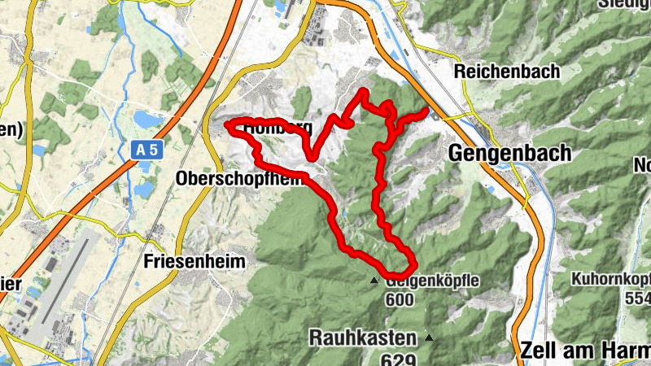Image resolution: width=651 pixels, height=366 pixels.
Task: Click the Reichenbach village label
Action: [507, 71]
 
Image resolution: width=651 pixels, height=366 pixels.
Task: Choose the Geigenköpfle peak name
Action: [434, 281]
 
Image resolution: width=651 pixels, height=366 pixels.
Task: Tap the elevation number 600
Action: [400, 300]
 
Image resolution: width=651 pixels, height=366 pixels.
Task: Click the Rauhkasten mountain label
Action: [362, 336]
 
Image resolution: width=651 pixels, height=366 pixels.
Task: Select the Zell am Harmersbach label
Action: [582, 350]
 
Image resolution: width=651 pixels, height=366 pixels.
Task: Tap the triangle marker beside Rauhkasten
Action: [429, 337]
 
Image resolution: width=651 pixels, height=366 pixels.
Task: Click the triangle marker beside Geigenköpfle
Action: [374, 281]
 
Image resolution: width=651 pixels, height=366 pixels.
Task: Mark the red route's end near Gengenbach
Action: [426, 109]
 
